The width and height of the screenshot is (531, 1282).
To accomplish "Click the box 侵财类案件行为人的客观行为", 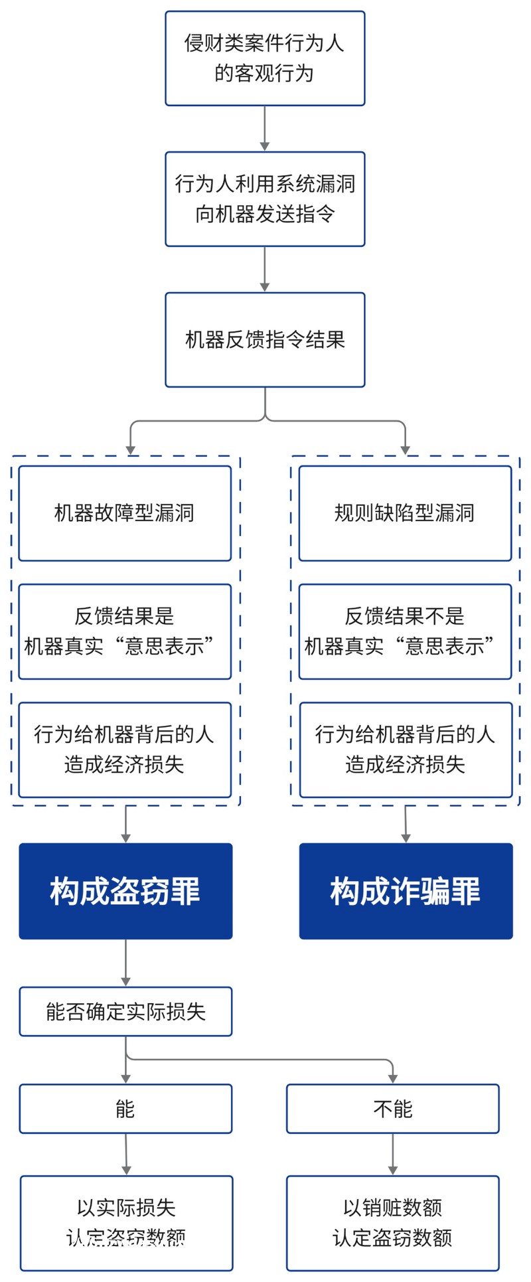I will pos(265,58).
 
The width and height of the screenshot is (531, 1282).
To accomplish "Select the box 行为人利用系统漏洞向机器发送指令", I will pos(265,199).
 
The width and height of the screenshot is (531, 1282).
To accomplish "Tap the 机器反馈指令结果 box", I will pos(265,340).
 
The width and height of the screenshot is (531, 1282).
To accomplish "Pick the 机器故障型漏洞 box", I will pos(125,513).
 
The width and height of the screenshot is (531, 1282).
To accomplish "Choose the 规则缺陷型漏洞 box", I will pos(405,513).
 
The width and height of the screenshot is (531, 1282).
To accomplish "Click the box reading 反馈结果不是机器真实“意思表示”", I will pos(405,631).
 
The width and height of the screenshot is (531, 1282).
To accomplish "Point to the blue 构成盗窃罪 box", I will pos(125,891).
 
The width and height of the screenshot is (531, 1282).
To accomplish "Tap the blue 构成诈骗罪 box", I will pos(406,891).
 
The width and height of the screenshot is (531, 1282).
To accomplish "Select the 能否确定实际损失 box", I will pos(125,1012).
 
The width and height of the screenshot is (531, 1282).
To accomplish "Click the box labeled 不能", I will pos(392,1109).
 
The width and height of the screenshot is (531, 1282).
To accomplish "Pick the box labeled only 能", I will pos(125,1109).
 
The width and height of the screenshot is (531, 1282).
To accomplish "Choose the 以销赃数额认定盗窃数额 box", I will pos(392,1223).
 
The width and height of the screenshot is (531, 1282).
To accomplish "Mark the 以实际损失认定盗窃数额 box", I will pos(126,1223).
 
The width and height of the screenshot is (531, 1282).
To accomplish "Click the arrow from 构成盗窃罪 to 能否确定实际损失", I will pos(125,963).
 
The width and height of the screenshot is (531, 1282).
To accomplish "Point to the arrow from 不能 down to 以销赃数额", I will pos(392,1154).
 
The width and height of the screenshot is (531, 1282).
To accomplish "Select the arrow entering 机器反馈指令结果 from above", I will pos(265,270).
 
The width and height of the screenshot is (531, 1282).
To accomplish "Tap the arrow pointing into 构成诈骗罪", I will pos(406,825).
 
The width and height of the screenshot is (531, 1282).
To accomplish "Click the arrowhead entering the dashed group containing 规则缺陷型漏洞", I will pos(405,449).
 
